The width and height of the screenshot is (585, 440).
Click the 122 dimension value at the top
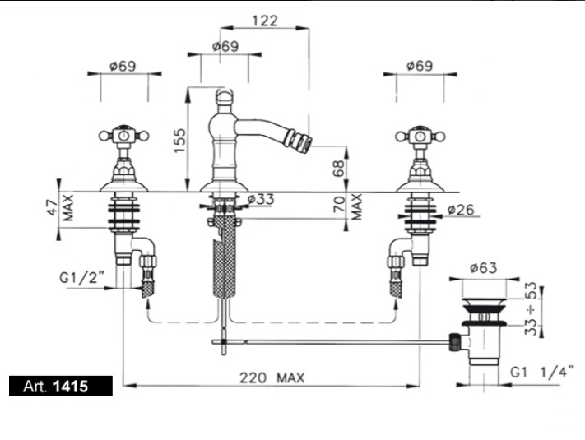coord(265,21)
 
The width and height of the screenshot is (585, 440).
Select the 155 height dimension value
coord(180,140)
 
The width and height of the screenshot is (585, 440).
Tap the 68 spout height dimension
coord(339,169)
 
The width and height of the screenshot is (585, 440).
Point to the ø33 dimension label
coord(261,200)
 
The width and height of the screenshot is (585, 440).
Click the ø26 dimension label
coord(461,210)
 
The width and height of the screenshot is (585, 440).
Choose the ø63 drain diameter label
coord(484,268)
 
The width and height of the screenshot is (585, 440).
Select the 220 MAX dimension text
coord(272,378)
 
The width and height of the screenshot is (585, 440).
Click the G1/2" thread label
coord(82,278)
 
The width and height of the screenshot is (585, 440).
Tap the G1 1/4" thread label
coord(542,372)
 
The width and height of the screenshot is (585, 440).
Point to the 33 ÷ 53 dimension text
coord(531,309)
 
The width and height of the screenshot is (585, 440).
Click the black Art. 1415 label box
coord(61,386)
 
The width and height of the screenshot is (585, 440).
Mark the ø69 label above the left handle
coord(123,67)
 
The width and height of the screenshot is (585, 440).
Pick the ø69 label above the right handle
coord(420,66)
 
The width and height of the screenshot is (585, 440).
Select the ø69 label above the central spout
coord(225,47)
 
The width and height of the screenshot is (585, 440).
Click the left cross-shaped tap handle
coord(124,136)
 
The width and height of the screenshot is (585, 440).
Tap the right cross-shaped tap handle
coord(420,136)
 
